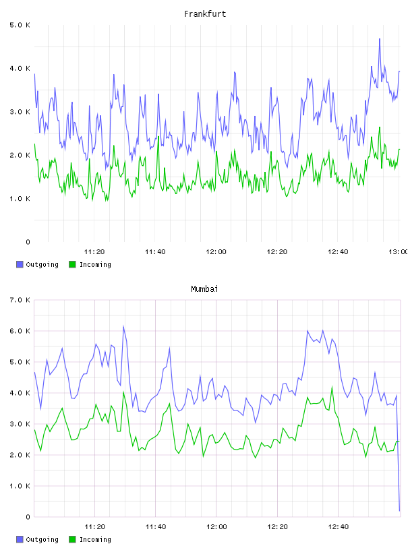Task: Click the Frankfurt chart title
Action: point(205,14)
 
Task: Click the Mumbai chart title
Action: point(204,289)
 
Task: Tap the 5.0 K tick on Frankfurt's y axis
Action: point(20,25)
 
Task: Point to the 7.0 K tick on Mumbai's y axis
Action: point(20,300)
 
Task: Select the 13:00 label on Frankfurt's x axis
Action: point(398,252)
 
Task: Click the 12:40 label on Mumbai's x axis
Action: point(338,527)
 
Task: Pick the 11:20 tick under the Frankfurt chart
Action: point(94,252)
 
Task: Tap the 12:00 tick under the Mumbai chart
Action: point(216,527)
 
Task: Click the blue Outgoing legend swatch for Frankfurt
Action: point(20,264)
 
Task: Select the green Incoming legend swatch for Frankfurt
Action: point(72,264)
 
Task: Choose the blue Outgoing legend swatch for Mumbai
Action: point(20,539)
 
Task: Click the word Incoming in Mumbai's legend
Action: point(95,539)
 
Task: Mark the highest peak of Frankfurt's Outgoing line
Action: point(380,38)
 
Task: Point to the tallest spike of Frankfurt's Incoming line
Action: point(380,127)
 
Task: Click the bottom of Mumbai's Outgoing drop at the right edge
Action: point(399,511)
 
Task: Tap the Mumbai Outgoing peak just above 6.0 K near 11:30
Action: point(123,326)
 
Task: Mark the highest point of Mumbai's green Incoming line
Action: point(332,387)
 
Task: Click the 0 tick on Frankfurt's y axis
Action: point(28,242)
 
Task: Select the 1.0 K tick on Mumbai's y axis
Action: point(20,486)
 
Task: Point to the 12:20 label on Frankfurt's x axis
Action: point(277,252)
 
